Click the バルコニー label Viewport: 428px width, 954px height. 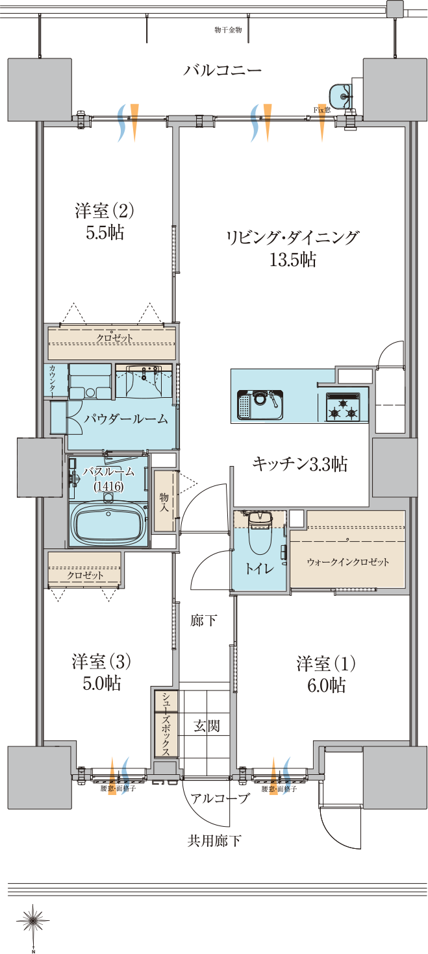(x=221, y=70)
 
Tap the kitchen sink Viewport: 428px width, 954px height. (x=260, y=406)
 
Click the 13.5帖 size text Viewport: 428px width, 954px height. (x=292, y=260)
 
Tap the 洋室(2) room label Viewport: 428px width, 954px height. (x=104, y=211)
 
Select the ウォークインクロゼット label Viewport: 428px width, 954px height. (x=348, y=562)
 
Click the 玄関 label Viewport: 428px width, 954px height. (x=207, y=726)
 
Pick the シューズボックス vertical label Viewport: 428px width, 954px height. (x=166, y=724)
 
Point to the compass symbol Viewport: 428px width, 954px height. (x=33, y=920)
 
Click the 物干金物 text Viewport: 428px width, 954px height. (x=227, y=30)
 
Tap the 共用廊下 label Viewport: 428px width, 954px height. (x=214, y=841)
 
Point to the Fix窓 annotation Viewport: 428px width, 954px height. (x=322, y=110)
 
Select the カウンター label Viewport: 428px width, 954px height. (x=52, y=380)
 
